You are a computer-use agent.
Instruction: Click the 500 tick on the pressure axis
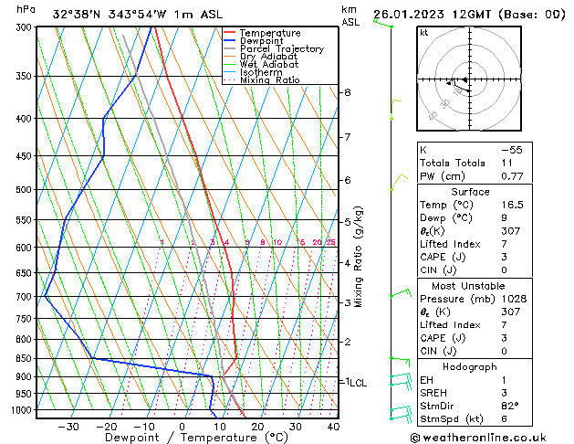click(22, 190)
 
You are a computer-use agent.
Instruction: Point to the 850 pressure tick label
click(22, 359)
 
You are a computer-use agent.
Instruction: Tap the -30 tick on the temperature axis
click(68, 427)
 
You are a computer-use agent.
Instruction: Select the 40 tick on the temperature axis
click(333, 427)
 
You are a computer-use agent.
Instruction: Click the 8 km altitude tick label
click(347, 93)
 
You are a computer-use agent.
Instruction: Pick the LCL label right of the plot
click(357, 383)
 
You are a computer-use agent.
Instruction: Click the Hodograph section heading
click(470, 365)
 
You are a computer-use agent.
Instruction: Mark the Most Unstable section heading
click(470, 285)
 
